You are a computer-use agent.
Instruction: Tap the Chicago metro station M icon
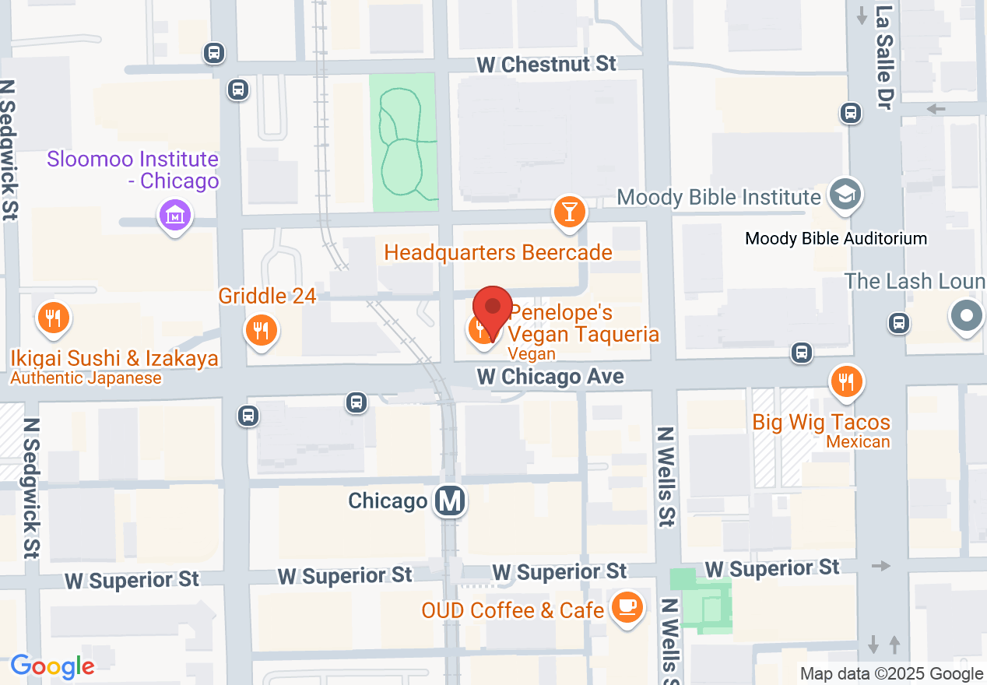tap(450, 501)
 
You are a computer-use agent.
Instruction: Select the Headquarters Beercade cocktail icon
tap(569, 212)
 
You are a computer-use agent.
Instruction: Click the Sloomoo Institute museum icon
tap(174, 215)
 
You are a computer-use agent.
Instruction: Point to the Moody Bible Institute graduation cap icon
tap(845, 195)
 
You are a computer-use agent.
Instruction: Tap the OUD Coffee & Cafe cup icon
tap(627, 607)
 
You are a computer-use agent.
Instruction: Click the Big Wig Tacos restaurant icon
tap(846, 382)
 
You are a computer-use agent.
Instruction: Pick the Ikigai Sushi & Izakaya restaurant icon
tap(54, 318)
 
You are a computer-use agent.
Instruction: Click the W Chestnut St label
tap(546, 64)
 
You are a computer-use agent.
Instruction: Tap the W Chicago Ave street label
tap(550, 377)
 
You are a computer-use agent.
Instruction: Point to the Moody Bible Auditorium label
tap(836, 238)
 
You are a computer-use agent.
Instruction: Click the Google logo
tap(52, 666)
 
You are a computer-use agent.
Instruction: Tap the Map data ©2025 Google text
tap(891, 674)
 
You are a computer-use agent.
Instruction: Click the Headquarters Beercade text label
tap(498, 253)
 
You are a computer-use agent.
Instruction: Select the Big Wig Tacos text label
tap(821, 423)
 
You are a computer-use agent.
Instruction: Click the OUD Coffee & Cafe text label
tap(513, 610)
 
